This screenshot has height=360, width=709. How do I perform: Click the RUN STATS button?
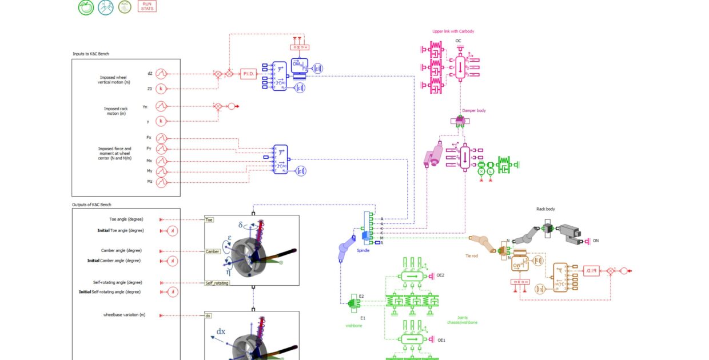coord(147,6)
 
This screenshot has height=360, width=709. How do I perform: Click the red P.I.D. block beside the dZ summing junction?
coord(249,74)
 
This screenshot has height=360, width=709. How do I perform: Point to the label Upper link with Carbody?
coord(453,31)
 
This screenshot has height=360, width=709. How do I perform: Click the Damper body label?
coord(474,111)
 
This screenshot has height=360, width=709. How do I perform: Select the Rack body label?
coord(545,209)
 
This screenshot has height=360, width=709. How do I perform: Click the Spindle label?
coord(364,250)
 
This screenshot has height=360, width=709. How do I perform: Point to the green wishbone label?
coord(354,326)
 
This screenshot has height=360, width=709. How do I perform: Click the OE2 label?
coord(440,275)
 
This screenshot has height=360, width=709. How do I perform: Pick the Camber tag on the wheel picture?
coord(213,251)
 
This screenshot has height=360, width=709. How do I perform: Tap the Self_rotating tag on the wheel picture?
coord(217,283)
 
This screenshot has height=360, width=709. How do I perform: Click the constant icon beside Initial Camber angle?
coord(174,261)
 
